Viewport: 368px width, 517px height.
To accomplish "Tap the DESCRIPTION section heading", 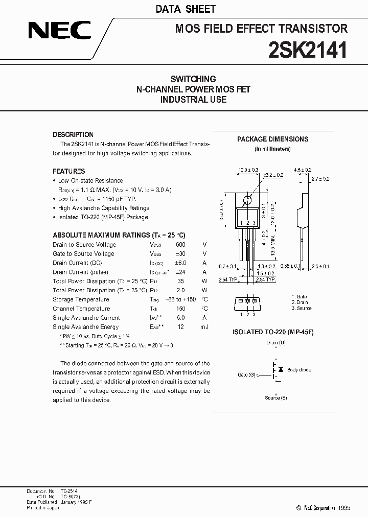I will coord(73,135).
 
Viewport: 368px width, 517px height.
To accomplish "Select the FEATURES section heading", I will coord(69,171).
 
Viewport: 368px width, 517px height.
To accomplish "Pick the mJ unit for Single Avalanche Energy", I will coord(204,327).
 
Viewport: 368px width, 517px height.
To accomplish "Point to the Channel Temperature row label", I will coord(81,309).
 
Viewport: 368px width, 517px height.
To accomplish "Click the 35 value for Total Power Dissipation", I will coord(181,281).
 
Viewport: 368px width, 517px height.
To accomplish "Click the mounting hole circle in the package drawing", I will coord(247,201).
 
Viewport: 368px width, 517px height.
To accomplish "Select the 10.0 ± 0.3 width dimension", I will coord(248,170).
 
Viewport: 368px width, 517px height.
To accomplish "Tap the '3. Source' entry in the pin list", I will coord(302,309).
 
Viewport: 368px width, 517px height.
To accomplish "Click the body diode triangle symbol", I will coord(280,369).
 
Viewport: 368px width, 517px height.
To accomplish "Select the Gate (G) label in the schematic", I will coord(247,375).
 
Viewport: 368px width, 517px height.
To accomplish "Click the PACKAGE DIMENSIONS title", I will coord(272,139).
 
